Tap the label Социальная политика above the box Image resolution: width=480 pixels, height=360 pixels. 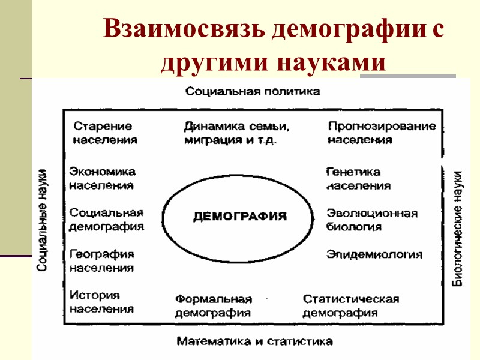tap(253, 91)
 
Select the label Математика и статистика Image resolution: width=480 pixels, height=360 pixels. tap(254, 341)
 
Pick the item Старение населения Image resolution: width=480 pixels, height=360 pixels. tap(105, 133)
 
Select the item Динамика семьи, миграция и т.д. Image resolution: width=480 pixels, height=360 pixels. tap(237, 133)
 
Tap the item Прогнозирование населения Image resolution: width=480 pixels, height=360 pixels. tap(382, 133)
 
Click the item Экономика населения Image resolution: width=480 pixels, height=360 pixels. tap(102, 179)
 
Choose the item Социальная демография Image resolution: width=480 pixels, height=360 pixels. tap(107, 220)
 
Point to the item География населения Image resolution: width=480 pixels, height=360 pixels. tap(102, 261)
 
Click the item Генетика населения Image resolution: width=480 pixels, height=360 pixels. tap(358, 179)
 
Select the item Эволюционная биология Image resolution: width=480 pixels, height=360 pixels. tap(372, 220)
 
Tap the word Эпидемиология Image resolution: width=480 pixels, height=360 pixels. tap(374, 254)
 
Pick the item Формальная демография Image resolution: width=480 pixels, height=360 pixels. tap(213, 306)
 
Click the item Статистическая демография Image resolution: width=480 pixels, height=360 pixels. tap(350, 306)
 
